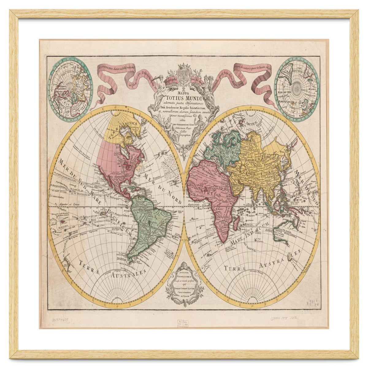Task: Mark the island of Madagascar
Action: click(236, 223)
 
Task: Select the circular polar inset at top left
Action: click(71, 89)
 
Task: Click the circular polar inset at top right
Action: click(297, 89)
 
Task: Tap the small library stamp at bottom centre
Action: click(183, 324)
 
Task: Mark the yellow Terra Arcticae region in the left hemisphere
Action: click(120, 129)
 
